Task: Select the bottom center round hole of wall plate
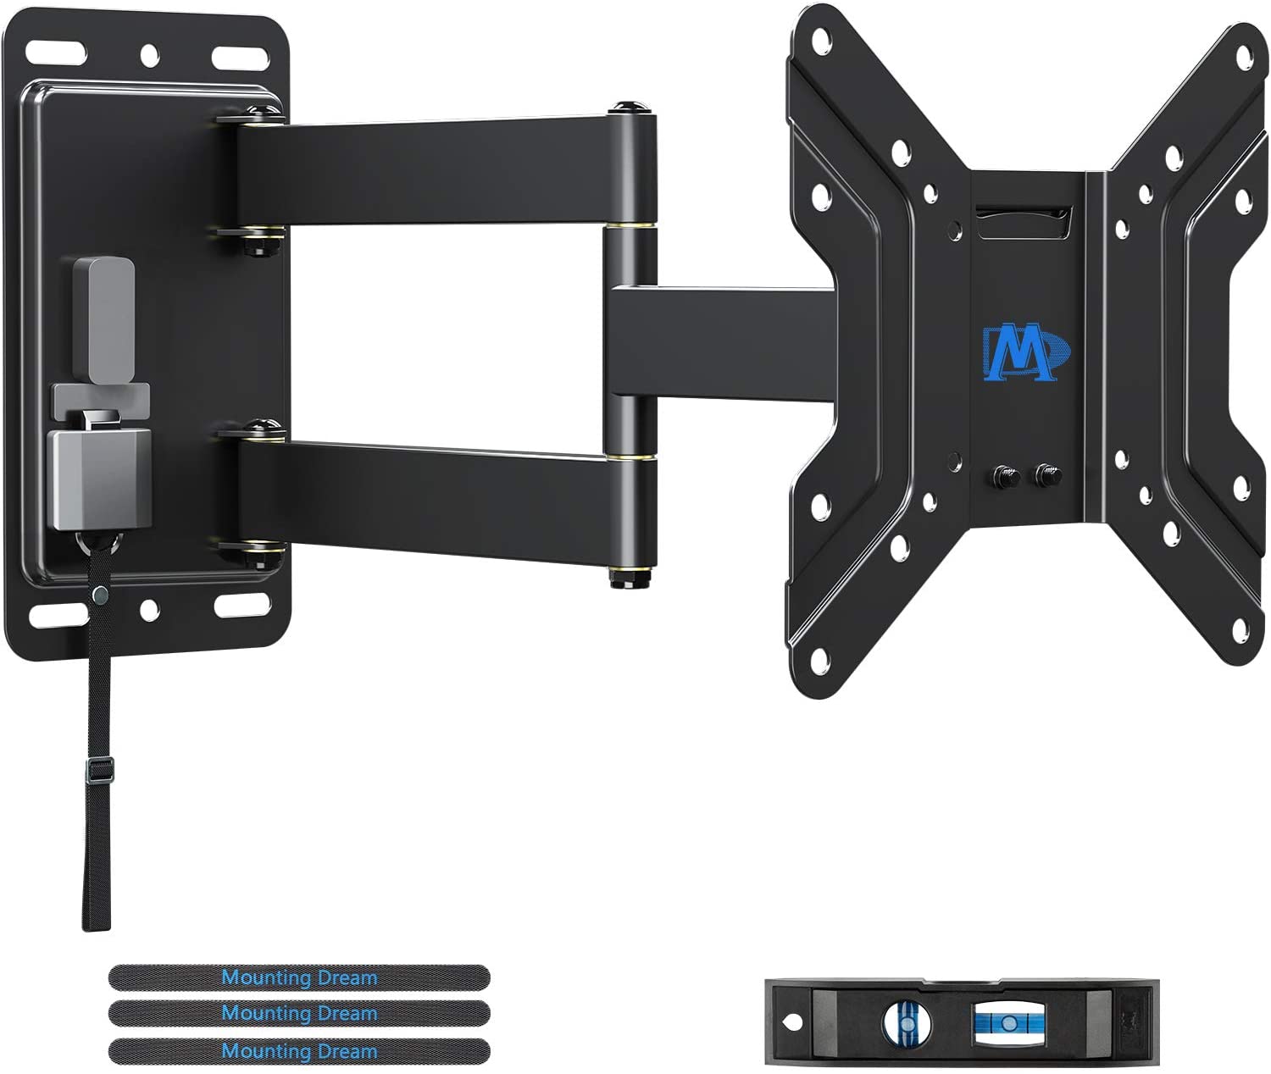point(149,606)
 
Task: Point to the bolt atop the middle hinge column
point(626,108)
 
